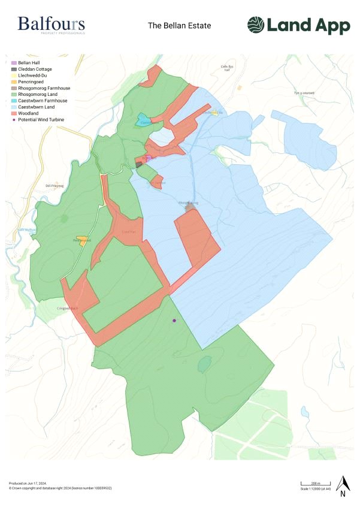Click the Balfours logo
pos(51,25)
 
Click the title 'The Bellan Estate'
pos(180,26)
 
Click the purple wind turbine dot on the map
pos(174,321)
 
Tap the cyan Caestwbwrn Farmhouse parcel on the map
pos(142,119)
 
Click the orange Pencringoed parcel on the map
pos(80,240)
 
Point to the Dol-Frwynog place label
pos(55,185)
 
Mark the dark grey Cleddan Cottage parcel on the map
pos(139,164)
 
